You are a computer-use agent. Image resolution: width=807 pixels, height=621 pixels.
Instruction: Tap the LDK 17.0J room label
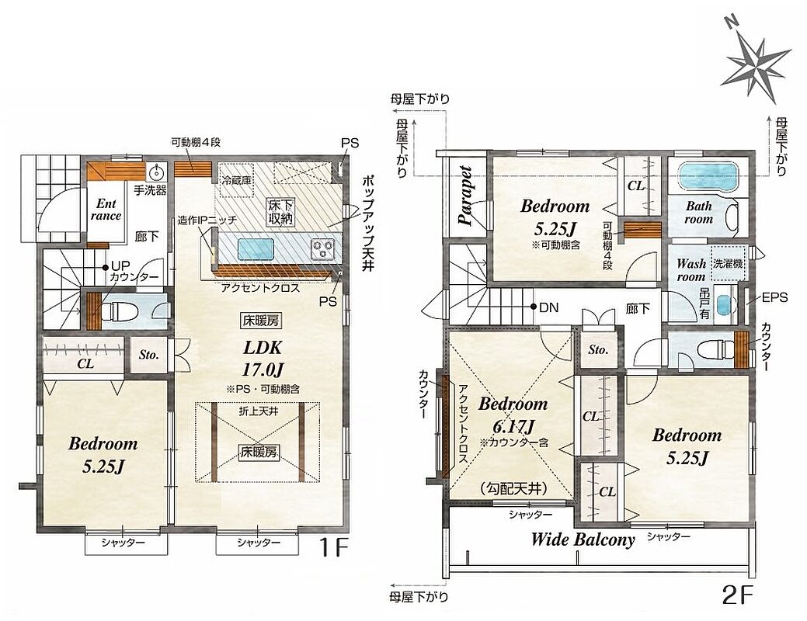pyautogui.click(x=263, y=358)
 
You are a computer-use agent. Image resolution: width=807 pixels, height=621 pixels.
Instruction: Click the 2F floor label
pyautogui.click(x=738, y=595)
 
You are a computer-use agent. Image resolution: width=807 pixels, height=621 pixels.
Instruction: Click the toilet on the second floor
pyautogui.click(x=715, y=351)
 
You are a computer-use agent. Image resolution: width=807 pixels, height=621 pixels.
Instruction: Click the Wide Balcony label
pyautogui.click(x=583, y=539)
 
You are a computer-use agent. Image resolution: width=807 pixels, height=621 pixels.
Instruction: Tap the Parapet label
pyautogui.click(x=466, y=196)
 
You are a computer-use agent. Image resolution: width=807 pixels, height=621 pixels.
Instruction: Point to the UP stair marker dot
pyautogui.click(x=105, y=268)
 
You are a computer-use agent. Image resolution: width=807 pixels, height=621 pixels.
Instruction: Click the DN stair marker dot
pyautogui.click(x=534, y=307)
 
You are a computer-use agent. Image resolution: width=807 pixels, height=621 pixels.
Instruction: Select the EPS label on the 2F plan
pyautogui.click(x=774, y=297)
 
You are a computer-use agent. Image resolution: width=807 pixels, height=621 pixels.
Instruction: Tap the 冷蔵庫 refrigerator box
pyautogui.click(x=237, y=180)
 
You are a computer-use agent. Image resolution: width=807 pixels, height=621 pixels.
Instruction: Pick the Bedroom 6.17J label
pyautogui.click(x=513, y=415)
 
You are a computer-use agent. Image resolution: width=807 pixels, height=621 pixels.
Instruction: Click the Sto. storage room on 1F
pyautogui.click(x=148, y=355)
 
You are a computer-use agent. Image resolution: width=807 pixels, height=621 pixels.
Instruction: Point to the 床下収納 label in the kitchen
pyautogui.click(x=280, y=211)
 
